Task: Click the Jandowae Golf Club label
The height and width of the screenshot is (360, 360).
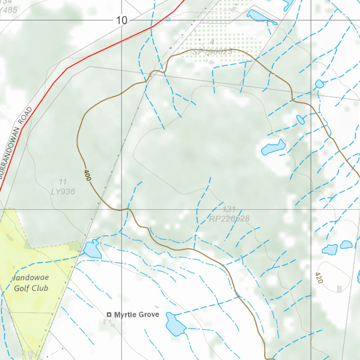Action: coord(31,283)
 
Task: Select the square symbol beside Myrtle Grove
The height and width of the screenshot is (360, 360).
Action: coord(109,315)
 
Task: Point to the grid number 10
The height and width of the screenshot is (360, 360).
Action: coord(122,20)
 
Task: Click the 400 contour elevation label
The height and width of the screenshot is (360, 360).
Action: coord(88,175)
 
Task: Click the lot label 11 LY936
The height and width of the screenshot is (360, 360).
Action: coord(63,187)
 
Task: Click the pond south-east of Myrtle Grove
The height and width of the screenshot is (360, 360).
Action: coord(175,324)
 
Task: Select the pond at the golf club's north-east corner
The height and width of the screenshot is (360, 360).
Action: coord(92,249)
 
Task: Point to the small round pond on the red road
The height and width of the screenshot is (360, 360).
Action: coord(168,19)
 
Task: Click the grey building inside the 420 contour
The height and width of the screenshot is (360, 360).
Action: coord(339,289)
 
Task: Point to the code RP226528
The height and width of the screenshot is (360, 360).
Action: coord(229,219)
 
